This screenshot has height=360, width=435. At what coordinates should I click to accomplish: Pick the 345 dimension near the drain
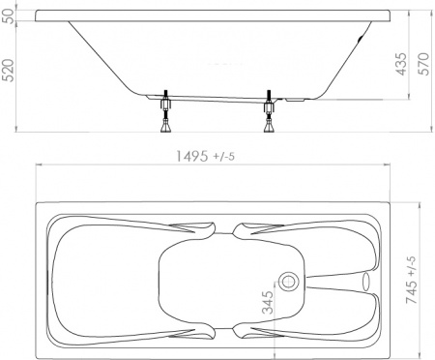tap(269, 306)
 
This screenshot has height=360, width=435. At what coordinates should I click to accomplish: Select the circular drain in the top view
tap(289, 282)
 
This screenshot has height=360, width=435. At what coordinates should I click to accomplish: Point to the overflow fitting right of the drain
tap(366, 282)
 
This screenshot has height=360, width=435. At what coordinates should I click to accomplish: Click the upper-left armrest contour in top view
tap(193, 229)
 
